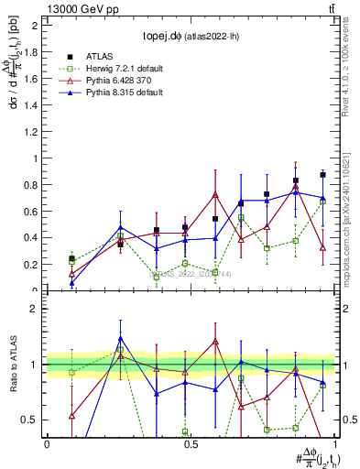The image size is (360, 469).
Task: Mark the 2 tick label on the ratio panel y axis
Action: click(34, 309)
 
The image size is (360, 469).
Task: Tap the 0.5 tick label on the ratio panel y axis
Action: click(30, 420)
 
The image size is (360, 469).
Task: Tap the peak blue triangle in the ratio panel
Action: click(120, 339)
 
